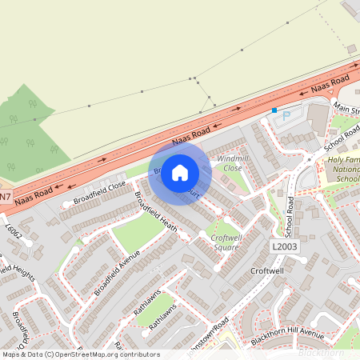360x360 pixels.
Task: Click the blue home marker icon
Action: (180, 172)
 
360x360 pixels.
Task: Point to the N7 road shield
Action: (6, 197)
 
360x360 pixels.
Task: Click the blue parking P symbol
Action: (286, 117)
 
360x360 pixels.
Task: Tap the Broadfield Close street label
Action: (100, 190)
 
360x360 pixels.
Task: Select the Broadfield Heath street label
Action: (155, 213)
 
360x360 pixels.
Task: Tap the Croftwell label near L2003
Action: (266, 272)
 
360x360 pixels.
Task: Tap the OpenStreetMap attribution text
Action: (80, 354)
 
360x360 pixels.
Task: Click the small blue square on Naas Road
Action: (274, 110)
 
